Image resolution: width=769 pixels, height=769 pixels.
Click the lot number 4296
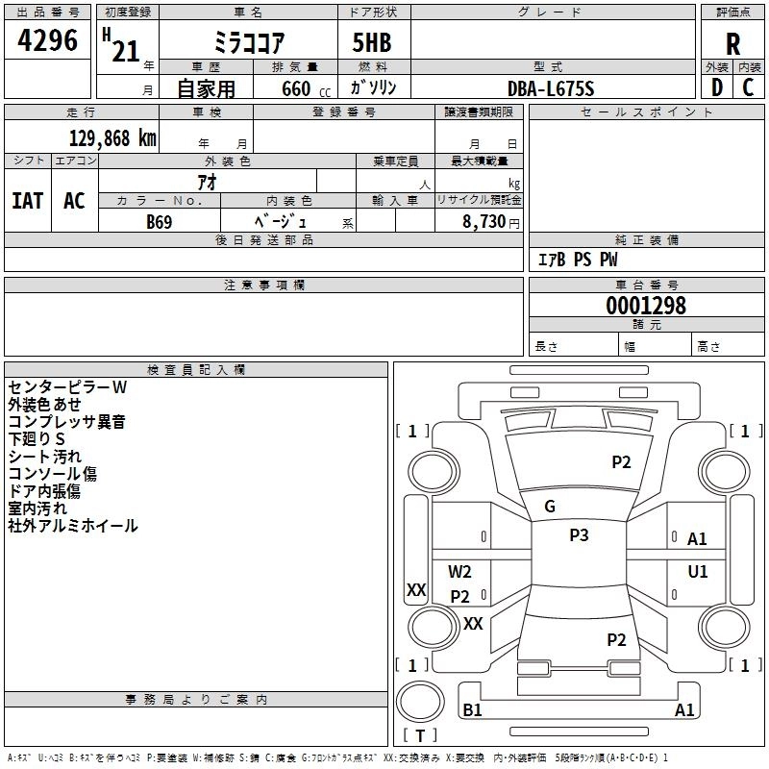[49, 40]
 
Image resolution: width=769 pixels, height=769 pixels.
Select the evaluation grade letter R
[732, 44]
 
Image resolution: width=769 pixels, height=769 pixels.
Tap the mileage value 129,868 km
[112, 137]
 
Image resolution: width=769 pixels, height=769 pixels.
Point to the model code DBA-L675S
[551, 88]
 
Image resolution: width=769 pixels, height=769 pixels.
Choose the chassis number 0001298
[646, 306]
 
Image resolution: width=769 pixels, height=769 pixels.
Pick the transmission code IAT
[27, 201]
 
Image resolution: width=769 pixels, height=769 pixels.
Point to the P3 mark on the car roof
[579, 535]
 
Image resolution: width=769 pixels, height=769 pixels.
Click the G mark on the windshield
[550, 507]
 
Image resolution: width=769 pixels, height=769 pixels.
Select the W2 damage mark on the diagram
[459, 572]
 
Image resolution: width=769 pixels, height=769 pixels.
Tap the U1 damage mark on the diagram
[697, 572]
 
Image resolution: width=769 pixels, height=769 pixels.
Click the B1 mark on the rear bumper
[472, 710]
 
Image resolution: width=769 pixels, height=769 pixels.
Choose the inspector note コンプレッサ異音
[66, 422]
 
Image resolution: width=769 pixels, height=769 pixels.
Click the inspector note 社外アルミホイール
[73, 526]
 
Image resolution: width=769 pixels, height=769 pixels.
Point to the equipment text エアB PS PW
[577, 260]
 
